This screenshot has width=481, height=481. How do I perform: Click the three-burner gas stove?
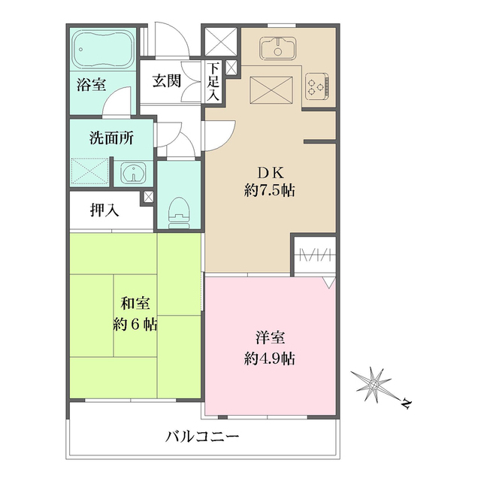319,88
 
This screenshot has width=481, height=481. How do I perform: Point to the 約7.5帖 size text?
269,190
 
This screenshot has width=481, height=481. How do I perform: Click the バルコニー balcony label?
202,436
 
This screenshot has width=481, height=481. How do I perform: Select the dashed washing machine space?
90,172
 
